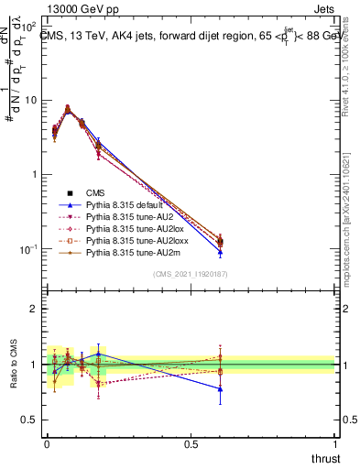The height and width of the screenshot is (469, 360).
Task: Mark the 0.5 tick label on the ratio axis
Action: click(x=30, y=420)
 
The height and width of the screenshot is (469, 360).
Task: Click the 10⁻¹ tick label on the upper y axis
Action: click(x=30, y=249)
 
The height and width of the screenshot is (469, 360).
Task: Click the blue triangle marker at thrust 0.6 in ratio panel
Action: click(x=219, y=388)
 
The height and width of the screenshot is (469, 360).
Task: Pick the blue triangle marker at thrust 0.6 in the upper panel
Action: click(x=219, y=252)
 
